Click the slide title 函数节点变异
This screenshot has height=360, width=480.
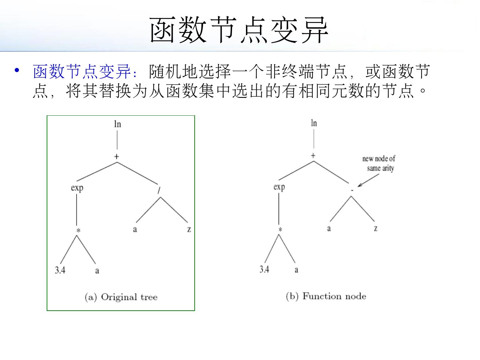point(239,30)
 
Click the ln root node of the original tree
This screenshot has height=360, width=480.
point(117,124)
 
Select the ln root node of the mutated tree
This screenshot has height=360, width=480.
point(314,123)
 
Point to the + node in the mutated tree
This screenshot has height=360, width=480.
point(313,156)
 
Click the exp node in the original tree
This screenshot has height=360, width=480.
point(77,188)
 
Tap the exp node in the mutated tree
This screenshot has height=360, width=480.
point(279,187)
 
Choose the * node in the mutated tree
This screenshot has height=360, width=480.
point(280,230)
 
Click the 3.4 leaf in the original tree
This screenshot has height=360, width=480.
point(60,270)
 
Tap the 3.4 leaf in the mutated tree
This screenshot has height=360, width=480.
point(264,269)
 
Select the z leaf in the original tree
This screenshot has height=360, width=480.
point(189,229)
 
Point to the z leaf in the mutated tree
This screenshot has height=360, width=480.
point(376,228)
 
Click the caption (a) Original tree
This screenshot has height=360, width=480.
point(121,297)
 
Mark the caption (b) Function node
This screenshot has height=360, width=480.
point(326,296)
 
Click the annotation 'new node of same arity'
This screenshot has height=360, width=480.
point(379,163)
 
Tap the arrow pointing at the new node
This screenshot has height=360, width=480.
point(369,180)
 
